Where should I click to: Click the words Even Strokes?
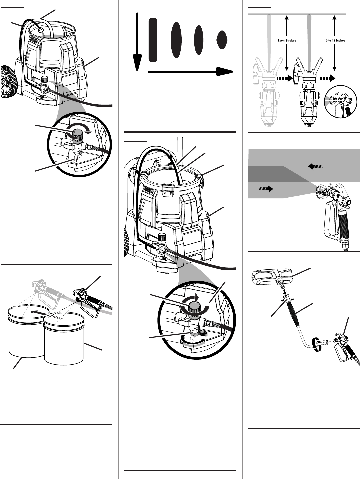click(287, 41)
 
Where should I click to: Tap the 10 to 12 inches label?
click(334, 41)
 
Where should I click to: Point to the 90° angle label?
click(337, 94)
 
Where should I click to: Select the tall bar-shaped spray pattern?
click(153, 40)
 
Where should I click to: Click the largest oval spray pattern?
click(176, 40)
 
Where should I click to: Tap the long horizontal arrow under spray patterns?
click(189, 71)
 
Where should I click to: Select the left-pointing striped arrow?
click(316, 166)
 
